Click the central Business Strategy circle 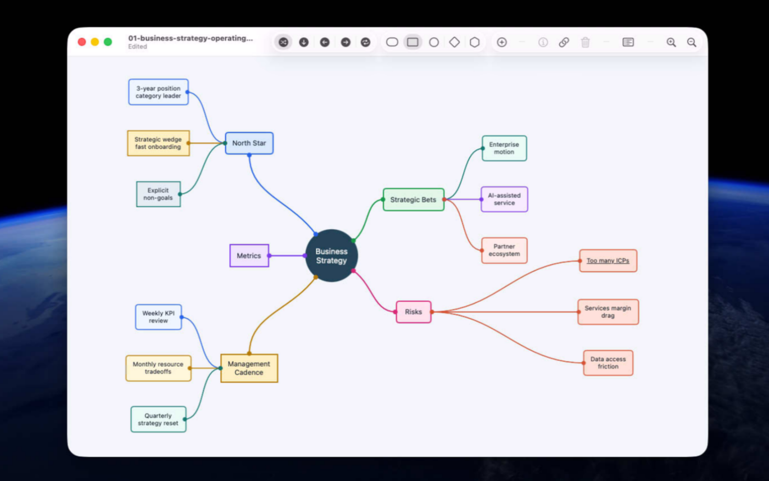331,256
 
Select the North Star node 249,143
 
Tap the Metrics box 249,256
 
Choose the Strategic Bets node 413,200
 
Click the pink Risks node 413,312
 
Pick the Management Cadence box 249,368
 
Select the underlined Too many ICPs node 608,261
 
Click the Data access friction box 608,363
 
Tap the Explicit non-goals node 158,194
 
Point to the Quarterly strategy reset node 158,419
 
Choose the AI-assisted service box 504,199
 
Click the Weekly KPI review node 158,317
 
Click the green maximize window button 108,42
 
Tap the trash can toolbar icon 586,42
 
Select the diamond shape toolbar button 454,42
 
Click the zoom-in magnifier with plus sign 671,42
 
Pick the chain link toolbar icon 564,42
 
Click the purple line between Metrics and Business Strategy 287,256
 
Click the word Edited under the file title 138,47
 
